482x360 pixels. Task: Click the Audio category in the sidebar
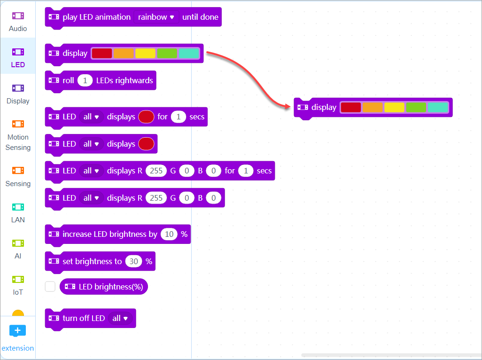tap(18, 21)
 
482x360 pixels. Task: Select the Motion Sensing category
tap(18, 135)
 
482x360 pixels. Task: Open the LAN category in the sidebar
tap(18, 212)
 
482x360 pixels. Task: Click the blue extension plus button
tap(18, 330)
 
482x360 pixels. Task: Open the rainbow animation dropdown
tap(156, 17)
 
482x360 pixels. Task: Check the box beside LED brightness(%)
tap(50, 286)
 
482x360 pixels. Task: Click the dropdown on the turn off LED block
tap(121, 318)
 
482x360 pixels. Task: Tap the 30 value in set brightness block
tap(134, 261)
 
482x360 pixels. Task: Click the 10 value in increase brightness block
tap(169, 234)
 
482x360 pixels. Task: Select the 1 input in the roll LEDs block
tap(85, 80)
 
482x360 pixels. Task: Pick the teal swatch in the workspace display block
tap(438, 108)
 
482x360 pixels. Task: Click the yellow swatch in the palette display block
tap(145, 54)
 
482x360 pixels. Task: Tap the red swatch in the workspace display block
tap(350, 108)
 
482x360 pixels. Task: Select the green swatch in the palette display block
tap(167, 54)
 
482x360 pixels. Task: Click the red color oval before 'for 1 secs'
tap(146, 117)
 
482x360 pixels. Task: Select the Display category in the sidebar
tap(18, 94)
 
